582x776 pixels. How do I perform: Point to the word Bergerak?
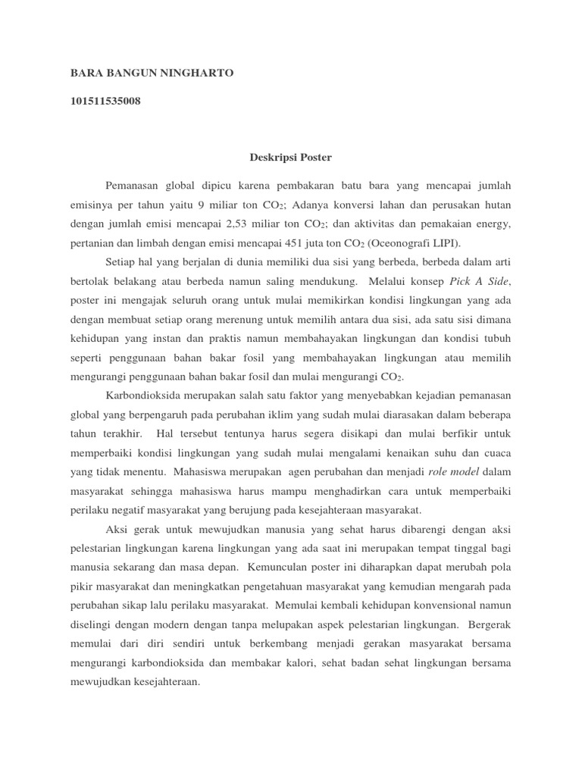[490, 624]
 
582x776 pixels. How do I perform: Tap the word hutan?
[496, 205]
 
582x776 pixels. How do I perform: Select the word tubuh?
[496, 338]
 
